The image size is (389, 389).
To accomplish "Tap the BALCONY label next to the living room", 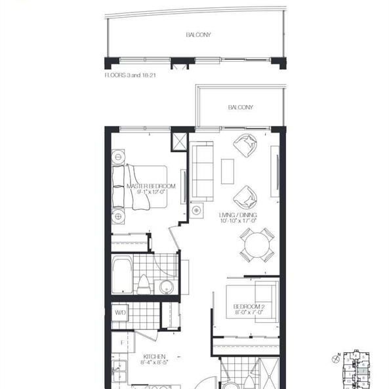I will coord(241,107).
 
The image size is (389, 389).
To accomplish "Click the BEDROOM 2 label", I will coord(249,309).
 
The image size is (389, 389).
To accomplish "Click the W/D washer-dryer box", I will coord(120,312).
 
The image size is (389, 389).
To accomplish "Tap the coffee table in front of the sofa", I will coord(227,172).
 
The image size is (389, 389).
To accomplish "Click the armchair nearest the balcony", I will coord(247,146).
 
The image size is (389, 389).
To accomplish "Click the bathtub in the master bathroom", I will coord(123,275).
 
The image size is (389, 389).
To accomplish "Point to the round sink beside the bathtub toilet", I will coord(166,286).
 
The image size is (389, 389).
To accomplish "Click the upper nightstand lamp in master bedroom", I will coord(118,157).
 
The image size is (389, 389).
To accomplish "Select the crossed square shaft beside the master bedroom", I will coord(178,142).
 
